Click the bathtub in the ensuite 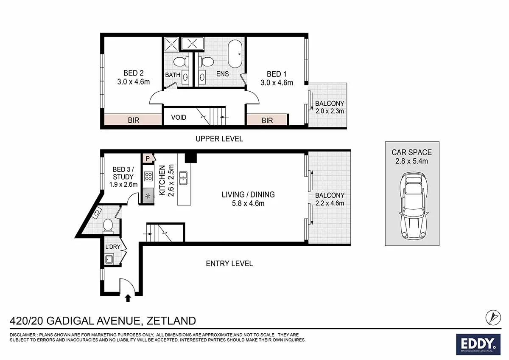point(235,54)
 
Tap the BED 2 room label point(133,73)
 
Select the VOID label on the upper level point(179,117)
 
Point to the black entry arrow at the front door point(128,299)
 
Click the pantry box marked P point(147,158)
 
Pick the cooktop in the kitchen point(148,176)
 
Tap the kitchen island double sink point(184,178)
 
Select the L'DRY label point(112,247)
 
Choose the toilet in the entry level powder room point(108,225)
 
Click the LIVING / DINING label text point(248,194)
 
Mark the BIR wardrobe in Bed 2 point(133,120)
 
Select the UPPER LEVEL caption point(219,139)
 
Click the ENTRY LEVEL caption point(229,264)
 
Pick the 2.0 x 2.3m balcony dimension point(330,111)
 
